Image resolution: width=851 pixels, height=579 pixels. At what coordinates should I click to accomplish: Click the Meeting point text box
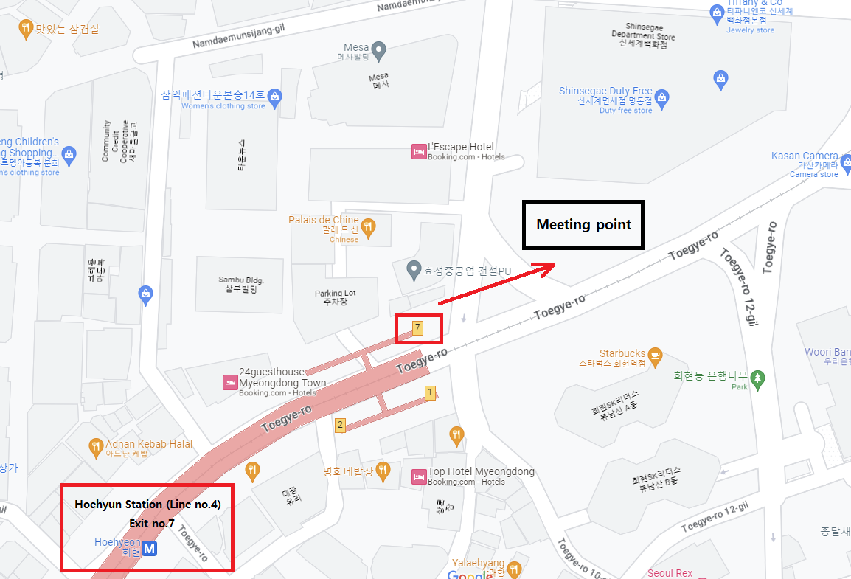click(583, 224)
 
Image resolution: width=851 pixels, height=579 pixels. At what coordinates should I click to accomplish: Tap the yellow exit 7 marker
click(417, 327)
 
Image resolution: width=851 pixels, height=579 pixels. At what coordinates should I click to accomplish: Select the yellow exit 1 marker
click(430, 393)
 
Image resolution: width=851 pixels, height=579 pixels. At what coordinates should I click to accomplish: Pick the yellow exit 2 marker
click(340, 425)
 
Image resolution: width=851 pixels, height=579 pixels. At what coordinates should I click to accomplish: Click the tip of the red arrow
click(555, 266)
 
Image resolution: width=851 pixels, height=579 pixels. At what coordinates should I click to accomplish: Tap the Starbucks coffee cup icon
click(655, 356)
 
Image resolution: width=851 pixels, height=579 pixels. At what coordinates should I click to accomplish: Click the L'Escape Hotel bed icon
click(419, 152)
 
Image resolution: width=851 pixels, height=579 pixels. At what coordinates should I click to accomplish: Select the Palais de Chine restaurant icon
click(367, 225)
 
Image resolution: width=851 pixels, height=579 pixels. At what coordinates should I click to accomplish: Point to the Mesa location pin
click(378, 50)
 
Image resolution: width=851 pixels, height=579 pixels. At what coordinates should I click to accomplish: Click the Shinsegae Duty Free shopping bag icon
click(661, 97)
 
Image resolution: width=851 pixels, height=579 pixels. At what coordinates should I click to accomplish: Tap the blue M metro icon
click(150, 549)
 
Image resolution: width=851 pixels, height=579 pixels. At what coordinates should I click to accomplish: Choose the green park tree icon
click(757, 379)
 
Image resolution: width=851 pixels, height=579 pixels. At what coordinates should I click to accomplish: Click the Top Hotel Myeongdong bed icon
click(418, 476)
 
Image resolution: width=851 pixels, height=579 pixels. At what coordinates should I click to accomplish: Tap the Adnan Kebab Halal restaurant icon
click(95, 446)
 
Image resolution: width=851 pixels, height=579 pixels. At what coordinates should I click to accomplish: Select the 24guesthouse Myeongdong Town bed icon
click(229, 383)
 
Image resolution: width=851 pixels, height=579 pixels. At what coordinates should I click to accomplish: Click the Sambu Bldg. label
click(240, 285)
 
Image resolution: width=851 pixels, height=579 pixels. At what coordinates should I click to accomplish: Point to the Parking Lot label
click(335, 297)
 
